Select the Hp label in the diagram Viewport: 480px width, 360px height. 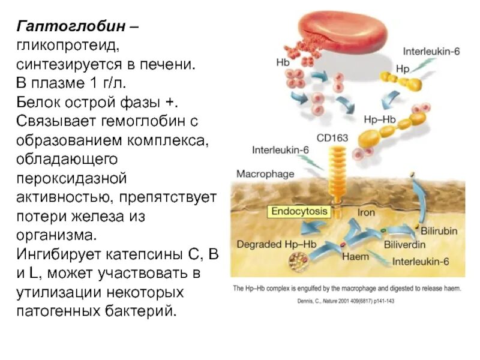click(403, 69)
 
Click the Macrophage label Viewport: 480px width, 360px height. click(265, 174)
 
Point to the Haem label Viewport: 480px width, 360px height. click(355, 257)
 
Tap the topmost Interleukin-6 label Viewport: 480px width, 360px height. click(431, 52)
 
